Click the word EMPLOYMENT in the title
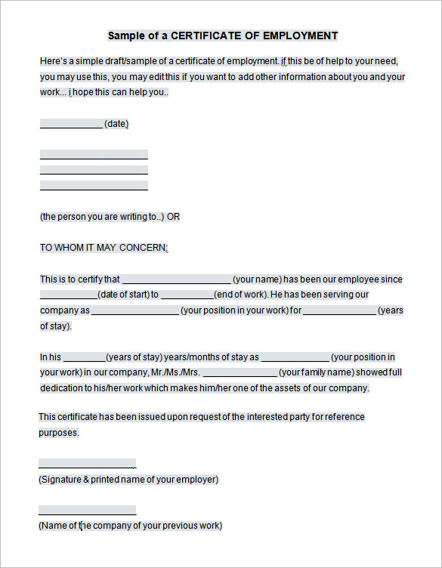coord(300,35)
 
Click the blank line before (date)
coord(71,125)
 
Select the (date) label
coord(116,124)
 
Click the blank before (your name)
coord(176,279)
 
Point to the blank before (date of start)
coord(68,295)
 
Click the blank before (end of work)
coord(187,295)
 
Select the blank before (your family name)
coord(240,373)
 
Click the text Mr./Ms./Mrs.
coord(175,372)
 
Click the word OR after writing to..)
coord(174,217)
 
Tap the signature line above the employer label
coord(87,465)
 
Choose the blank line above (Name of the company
coord(87,511)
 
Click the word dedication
coord(63,388)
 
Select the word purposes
coord(58,433)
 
